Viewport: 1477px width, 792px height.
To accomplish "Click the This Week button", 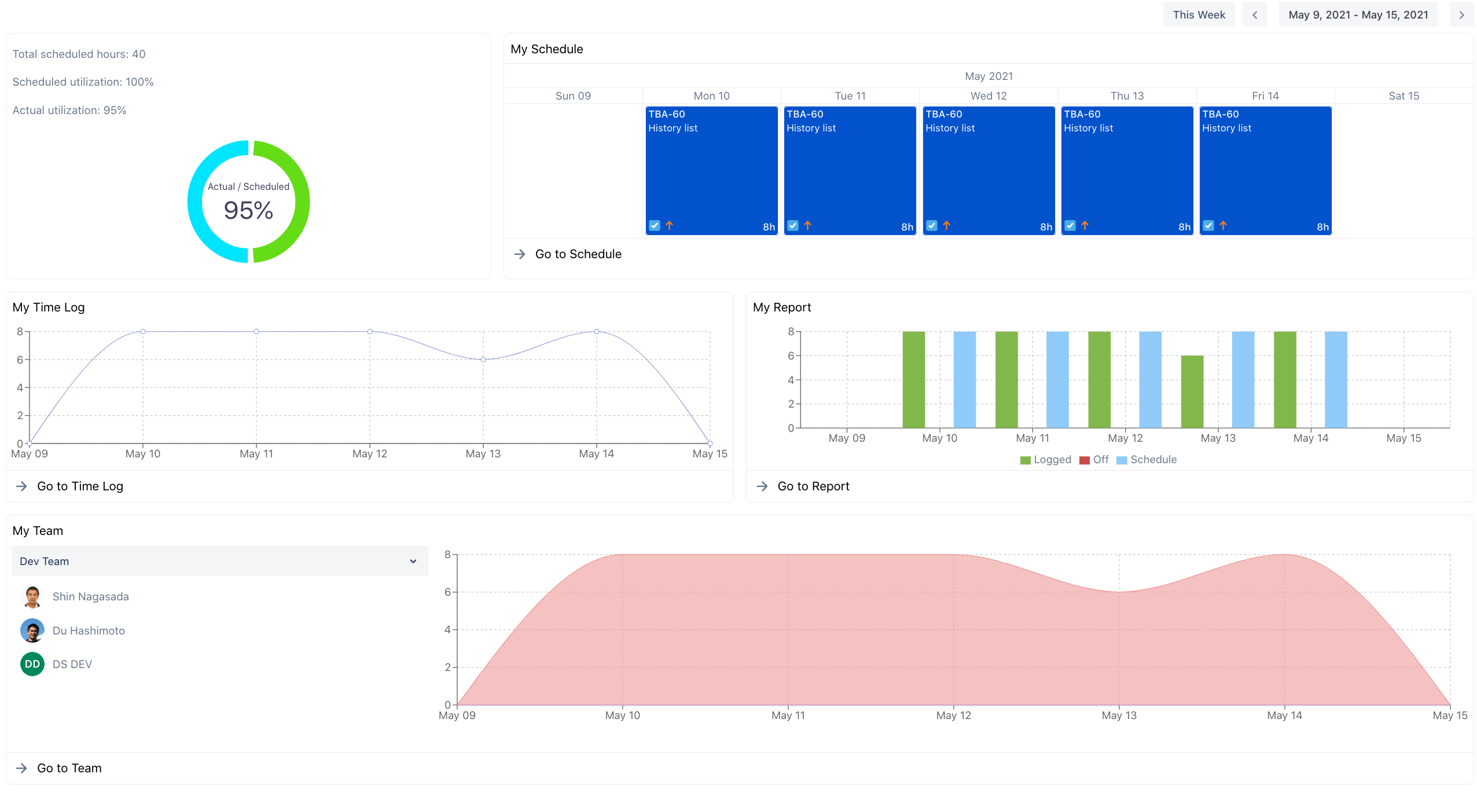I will click(1199, 15).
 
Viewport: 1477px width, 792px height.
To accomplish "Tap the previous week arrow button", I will click(1255, 15).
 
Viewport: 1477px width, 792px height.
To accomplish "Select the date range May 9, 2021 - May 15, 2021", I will click(1358, 15).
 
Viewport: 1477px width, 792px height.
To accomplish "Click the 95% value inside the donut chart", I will click(248, 210).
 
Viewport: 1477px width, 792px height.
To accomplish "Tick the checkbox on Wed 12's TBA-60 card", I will click(931, 226).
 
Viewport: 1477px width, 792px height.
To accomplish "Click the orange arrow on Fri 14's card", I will click(1223, 226).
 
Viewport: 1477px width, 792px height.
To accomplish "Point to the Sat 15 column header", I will click(1403, 96).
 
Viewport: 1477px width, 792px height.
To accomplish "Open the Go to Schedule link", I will click(578, 254).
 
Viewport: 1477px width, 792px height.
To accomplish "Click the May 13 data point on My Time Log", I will click(483, 360).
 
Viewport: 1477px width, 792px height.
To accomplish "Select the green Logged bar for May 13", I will click(1192, 392).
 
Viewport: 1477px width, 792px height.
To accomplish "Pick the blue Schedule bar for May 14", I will click(1336, 380).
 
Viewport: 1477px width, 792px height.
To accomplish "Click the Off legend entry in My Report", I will click(1094, 460).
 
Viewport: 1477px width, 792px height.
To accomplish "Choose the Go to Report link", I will click(813, 486).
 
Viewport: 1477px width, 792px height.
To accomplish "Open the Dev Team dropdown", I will click(220, 561).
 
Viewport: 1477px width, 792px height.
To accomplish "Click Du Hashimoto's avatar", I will click(32, 630).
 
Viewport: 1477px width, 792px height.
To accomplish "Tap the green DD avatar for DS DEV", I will click(32, 664).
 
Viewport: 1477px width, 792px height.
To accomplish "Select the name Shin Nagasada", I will click(91, 596).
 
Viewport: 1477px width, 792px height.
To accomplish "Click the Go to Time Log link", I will click(80, 486).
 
